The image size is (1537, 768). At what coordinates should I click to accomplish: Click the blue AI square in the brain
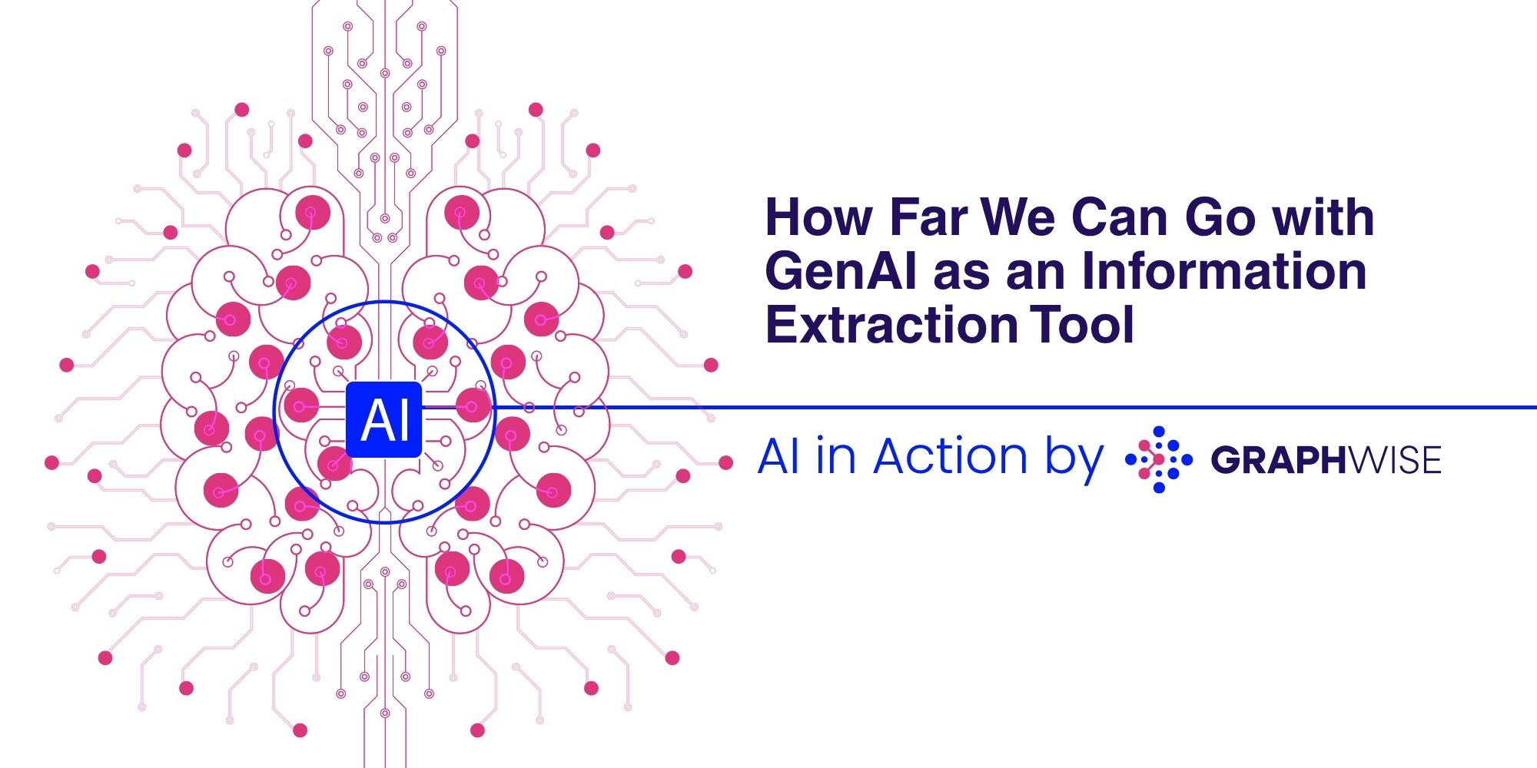click(384, 419)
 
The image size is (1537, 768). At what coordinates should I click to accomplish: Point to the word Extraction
click(891, 325)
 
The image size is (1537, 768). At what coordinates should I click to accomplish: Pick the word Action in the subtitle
click(950, 457)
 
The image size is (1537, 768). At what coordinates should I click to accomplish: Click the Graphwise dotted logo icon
click(1159, 459)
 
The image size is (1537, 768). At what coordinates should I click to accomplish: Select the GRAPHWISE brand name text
click(1326, 461)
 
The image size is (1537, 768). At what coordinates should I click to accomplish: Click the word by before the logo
click(1074, 459)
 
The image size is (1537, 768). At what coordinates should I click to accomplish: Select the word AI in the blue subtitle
click(779, 457)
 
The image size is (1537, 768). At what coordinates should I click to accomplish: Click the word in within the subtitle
click(836, 457)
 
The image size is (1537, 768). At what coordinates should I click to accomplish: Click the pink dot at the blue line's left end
click(473, 406)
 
